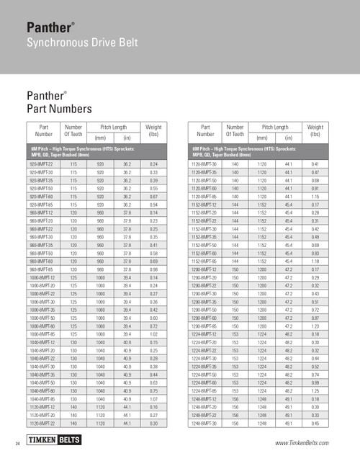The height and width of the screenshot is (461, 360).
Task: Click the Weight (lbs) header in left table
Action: tap(151, 130)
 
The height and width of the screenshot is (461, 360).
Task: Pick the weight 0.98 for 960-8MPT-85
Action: tap(151, 266)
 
